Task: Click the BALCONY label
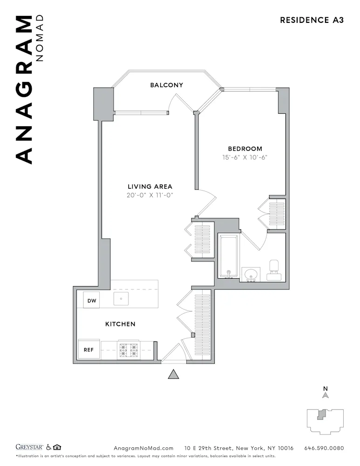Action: pos(166,85)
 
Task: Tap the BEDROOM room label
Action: pos(245,149)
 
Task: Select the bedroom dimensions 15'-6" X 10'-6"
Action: pos(245,158)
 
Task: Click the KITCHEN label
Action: pos(120,324)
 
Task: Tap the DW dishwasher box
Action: pos(92,301)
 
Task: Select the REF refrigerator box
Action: pos(89,349)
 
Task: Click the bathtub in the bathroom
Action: pos(229,256)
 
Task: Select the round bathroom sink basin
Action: pos(252,273)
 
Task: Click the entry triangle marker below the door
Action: pos(174,374)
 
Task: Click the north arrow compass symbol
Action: pos(326,395)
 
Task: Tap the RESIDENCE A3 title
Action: pos(312,20)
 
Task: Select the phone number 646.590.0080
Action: pos(324,448)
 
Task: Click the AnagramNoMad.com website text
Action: pos(143,448)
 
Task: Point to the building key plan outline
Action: pos(325,420)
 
